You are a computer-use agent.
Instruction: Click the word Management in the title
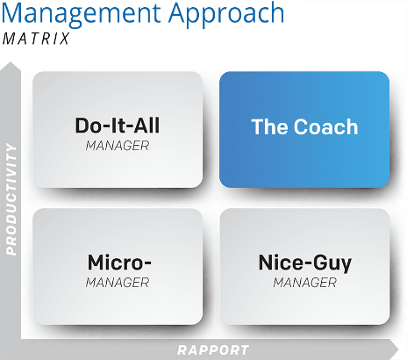(81, 13)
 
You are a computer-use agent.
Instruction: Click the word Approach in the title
(226, 15)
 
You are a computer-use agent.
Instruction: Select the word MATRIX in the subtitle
(36, 39)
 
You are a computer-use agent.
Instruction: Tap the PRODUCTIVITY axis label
(11, 199)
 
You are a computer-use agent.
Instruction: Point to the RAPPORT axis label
(213, 350)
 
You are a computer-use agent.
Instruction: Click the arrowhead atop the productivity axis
(11, 66)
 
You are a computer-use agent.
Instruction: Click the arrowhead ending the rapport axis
(393, 349)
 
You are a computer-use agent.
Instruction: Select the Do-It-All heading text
(118, 126)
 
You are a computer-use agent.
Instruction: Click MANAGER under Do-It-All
(118, 146)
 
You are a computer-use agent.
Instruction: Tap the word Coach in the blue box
(325, 126)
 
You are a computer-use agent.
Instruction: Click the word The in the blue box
(269, 126)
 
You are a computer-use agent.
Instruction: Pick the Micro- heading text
(119, 263)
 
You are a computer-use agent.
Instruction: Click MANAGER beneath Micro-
(118, 283)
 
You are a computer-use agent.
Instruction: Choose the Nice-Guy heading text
(305, 263)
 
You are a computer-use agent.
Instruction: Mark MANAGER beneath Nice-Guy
(305, 283)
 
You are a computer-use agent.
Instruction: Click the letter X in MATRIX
(64, 39)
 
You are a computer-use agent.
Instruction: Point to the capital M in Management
(13, 13)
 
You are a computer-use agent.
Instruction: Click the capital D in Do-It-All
(82, 126)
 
